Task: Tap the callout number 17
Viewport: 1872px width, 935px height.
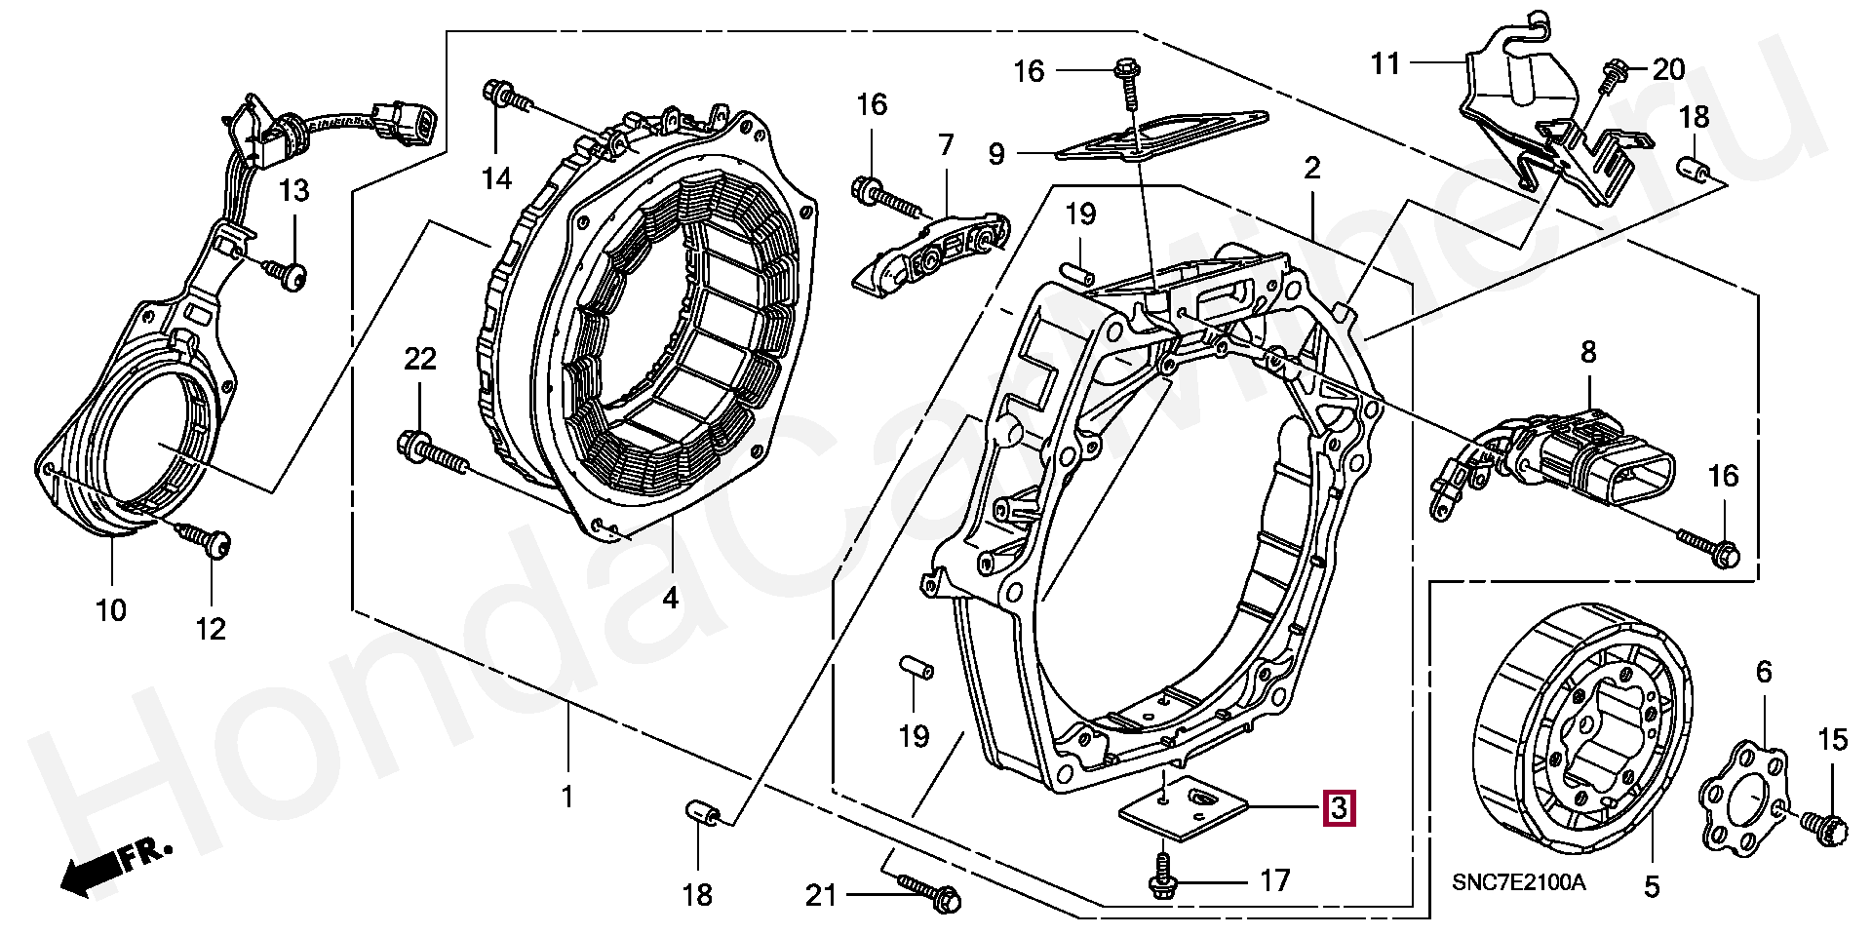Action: pos(1274,881)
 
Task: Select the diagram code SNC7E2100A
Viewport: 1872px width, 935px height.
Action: pos(1518,882)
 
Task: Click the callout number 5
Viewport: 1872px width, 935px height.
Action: pos(1651,887)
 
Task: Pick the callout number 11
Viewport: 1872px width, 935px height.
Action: pos(1385,63)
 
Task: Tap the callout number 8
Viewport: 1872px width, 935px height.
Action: pos(1588,352)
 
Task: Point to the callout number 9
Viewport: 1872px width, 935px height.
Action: pos(995,154)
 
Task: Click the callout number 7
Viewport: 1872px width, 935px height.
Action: pos(946,146)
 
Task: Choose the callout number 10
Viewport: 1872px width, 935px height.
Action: pos(111,610)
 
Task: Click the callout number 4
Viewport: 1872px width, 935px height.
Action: pos(670,598)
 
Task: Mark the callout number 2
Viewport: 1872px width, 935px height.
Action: pos(1312,168)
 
